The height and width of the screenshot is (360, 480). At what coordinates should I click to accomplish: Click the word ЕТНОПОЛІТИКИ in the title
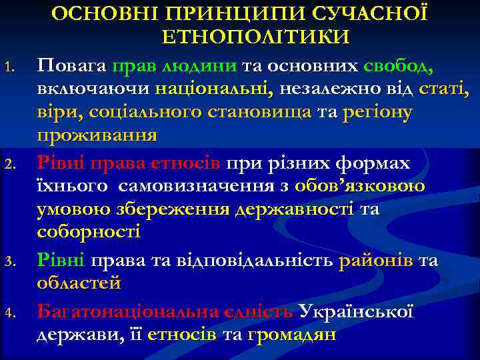(x=255, y=37)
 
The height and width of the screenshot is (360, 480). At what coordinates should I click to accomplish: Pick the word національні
(x=213, y=89)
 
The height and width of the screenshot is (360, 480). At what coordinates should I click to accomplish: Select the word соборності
(x=88, y=233)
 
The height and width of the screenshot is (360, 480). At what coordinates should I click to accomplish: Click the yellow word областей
(x=79, y=283)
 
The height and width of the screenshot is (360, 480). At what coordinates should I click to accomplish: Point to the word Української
(x=357, y=311)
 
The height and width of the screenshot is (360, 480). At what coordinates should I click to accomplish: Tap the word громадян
(x=291, y=334)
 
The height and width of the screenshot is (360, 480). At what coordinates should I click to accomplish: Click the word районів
(x=375, y=259)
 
